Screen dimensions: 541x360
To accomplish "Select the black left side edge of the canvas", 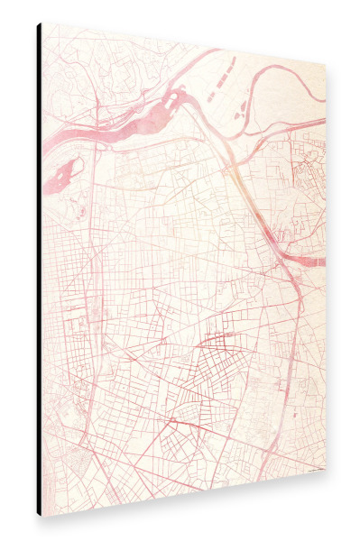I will (39, 270).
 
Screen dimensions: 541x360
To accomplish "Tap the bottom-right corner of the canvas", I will (325, 472).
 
